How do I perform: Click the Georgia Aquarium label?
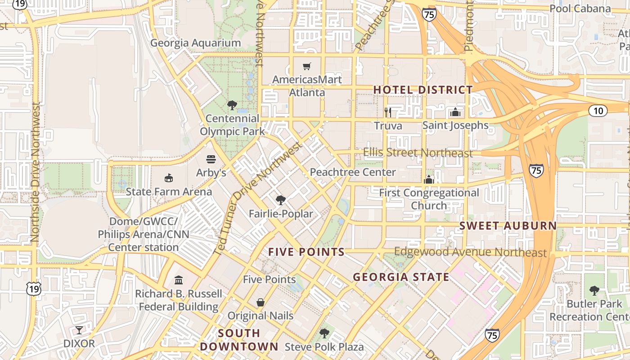tap(195, 43)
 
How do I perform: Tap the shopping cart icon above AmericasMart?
tap(307, 67)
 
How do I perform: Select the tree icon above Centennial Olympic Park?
tap(232, 105)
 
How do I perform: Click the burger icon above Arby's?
tap(211, 159)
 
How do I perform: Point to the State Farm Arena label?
tap(169, 192)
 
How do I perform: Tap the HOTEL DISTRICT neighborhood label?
tap(423, 90)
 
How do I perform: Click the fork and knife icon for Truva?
tap(387, 112)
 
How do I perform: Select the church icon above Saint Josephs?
tap(455, 112)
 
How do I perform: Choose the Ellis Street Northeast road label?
tap(418, 153)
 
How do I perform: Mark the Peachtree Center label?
tap(353, 172)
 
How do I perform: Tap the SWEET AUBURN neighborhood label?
tap(508, 226)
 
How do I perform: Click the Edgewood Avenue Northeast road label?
tap(470, 252)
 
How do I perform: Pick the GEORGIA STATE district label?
tap(401, 277)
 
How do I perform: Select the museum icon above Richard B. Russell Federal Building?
tap(179, 280)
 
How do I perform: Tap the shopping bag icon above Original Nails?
tap(261, 302)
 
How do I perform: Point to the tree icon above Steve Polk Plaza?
tap(324, 333)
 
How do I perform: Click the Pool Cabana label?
tap(580, 9)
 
